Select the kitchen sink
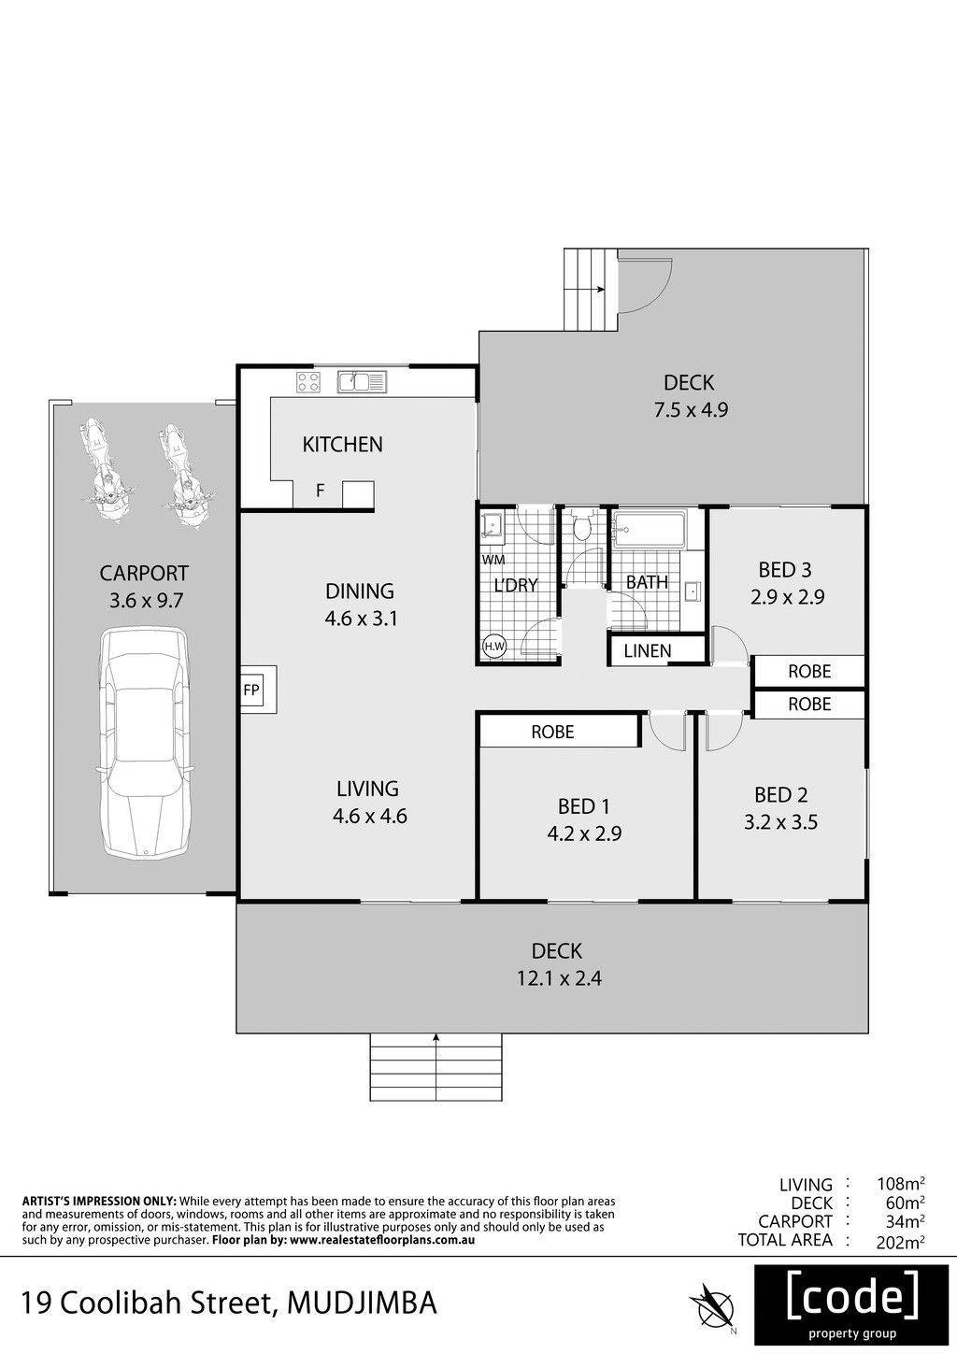[x=362, y=382]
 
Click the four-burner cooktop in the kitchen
[x=308, y=382]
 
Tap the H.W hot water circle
[x=494, y=647]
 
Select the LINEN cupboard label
[x=648, y=651]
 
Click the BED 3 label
[x=785, y=570]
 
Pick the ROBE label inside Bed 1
[x=553, y=732]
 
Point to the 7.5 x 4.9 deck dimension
[x=692, y=410]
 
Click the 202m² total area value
[x=900, y=1241]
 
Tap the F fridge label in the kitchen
[x=321, y=491]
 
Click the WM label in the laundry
[x=493, y=560]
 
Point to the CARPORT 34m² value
[x=905, y=1221]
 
